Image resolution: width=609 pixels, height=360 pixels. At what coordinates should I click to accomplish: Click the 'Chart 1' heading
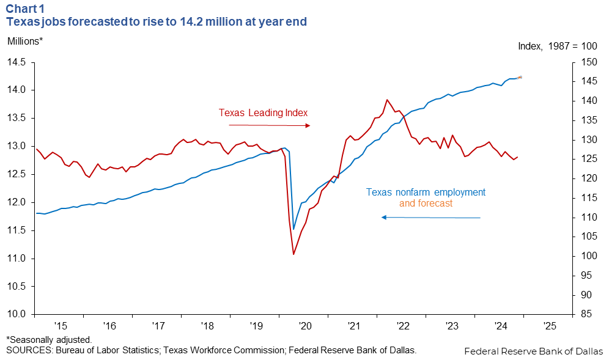pos(25,8)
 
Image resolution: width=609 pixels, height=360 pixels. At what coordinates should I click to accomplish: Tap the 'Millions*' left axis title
pos(25,41)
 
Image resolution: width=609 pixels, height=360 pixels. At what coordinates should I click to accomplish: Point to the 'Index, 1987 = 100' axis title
pos(557,46)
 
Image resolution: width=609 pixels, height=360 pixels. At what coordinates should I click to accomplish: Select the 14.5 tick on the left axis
pos(17,62)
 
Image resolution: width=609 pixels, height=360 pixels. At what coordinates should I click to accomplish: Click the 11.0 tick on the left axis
pos(17,259)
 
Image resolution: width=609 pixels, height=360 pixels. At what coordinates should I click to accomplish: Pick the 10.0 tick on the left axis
pos(17,315)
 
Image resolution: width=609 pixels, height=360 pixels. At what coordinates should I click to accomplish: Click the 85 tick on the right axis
pos(585,315)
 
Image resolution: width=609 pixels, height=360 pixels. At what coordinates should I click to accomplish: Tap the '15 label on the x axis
pos(60,326)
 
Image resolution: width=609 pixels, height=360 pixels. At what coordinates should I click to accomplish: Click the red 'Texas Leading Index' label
pos(263,112)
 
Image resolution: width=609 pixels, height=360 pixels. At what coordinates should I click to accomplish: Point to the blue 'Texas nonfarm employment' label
pos(426,192)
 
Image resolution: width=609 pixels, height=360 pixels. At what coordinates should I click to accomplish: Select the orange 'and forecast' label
pos(426,203)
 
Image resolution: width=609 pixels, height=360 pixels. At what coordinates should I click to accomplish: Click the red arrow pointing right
pos(269,125)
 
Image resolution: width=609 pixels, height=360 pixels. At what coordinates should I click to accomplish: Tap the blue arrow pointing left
pos(431,218)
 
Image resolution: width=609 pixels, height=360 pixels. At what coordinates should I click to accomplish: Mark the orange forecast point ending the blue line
pos(520,77)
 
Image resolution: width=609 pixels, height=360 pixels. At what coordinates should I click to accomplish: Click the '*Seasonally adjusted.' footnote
pos(49,339)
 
